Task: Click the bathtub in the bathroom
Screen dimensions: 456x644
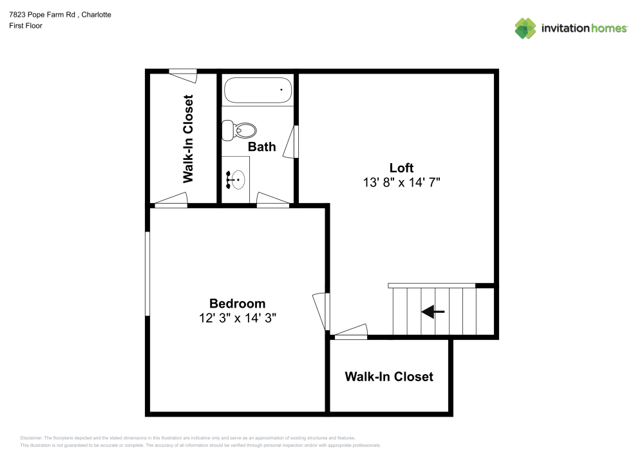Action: click(258, 90)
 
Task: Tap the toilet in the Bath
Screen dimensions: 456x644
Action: click(238, 130)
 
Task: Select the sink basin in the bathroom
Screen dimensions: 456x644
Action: click(236, 179)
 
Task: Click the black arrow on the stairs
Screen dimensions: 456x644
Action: click(433, 312)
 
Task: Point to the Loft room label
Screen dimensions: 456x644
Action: click(401, 168)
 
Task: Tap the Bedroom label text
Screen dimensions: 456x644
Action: click(237, 303)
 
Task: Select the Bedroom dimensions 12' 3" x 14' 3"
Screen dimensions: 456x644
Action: click(237, 317)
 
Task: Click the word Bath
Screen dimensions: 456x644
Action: click(262, 146)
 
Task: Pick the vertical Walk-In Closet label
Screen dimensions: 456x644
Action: click(188, 139)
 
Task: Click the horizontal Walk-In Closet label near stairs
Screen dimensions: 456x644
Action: click(389, 376)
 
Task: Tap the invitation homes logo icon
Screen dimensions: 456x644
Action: click(525, 28)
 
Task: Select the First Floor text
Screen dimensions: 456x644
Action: click(26, 26)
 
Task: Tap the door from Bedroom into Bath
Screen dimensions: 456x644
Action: click(273, 201)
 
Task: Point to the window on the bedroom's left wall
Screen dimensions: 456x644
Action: click(147, 273)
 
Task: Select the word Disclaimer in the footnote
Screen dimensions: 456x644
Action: click(31, 438)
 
